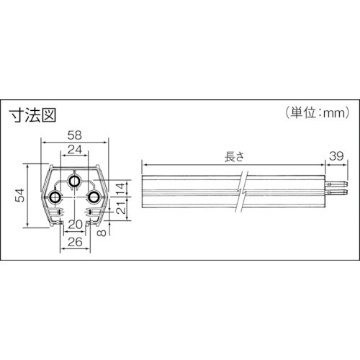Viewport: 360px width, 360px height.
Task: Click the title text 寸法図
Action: point(32,114)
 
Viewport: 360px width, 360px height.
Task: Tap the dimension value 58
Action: point(74,133)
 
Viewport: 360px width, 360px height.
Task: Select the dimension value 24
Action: point(75,150)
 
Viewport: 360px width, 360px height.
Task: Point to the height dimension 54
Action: point(19,196)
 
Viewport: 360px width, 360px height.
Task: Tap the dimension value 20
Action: point(74,225)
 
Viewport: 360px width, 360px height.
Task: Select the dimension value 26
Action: point(75,242)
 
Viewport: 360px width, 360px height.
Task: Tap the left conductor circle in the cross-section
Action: point(55,197)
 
